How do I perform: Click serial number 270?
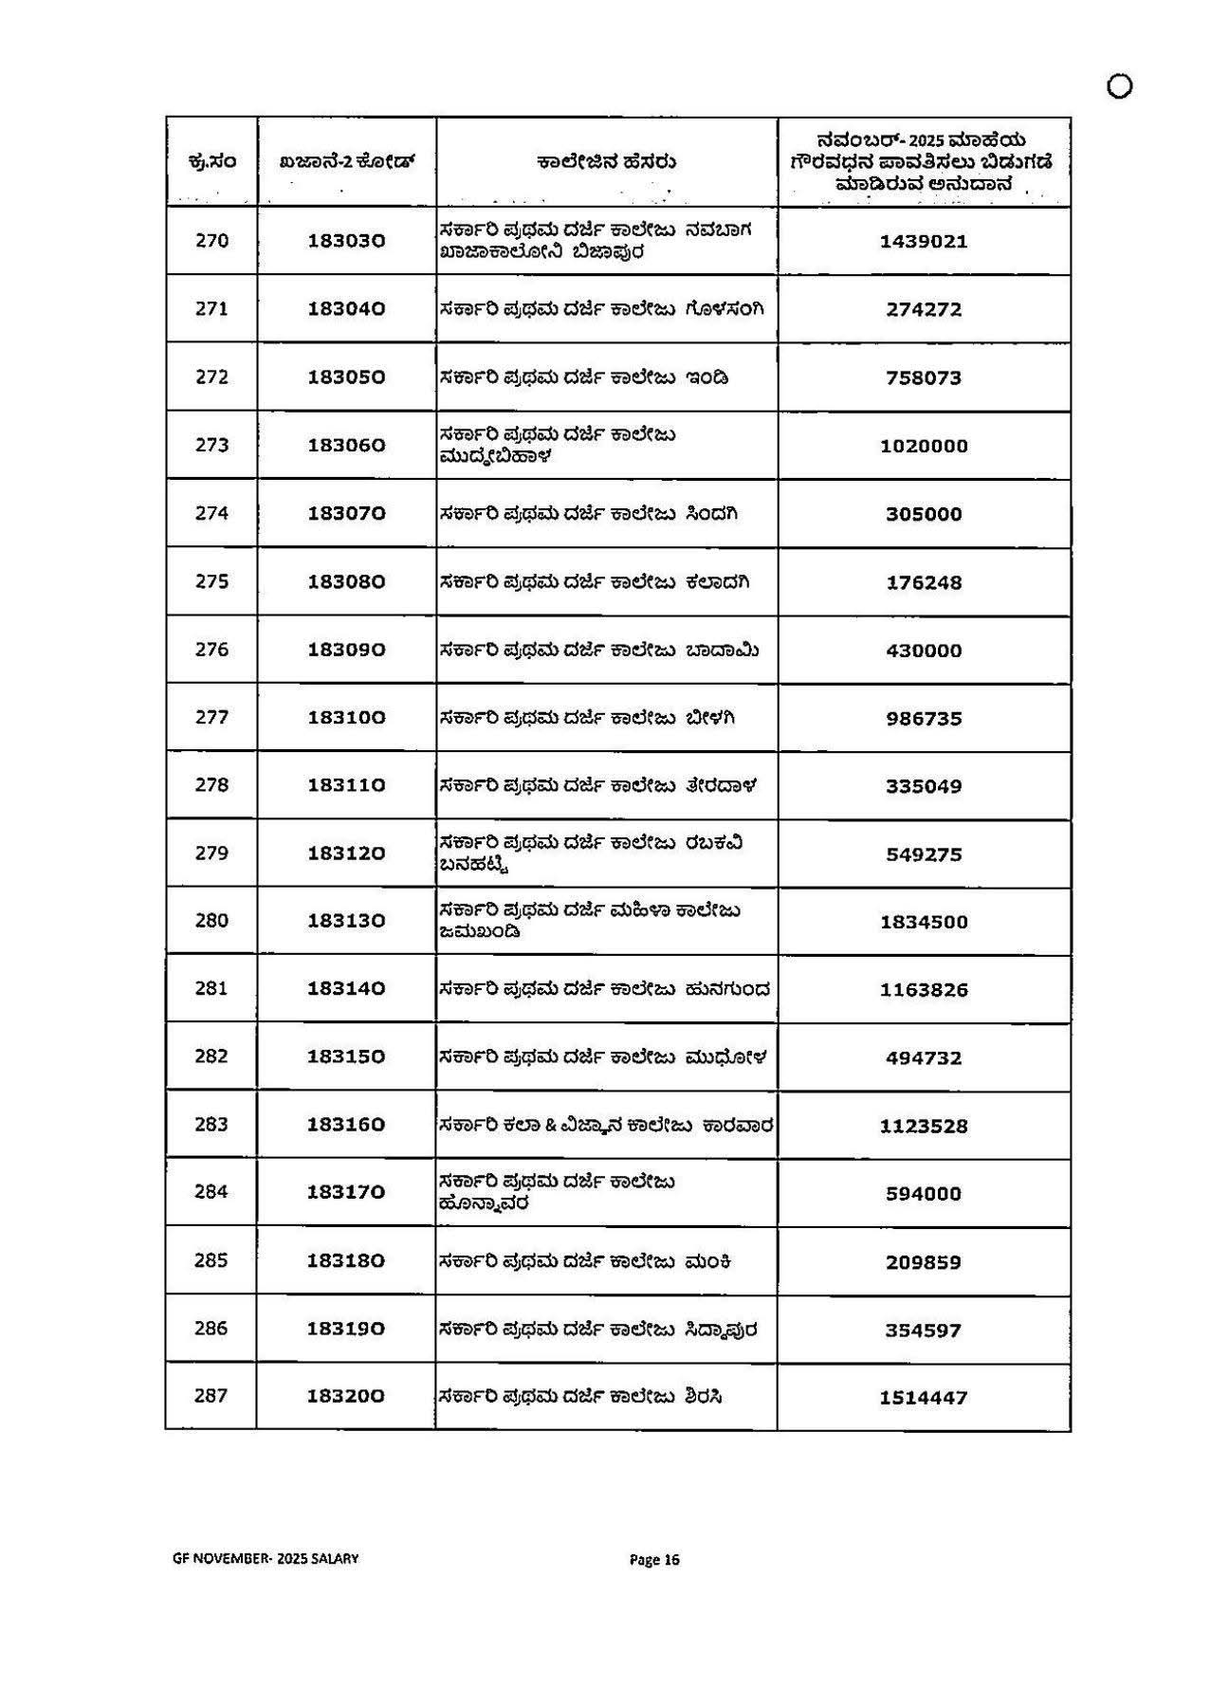click(x=211, y=241)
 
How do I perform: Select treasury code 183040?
click(x=346, y=309)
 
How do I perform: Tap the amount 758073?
click(x=924, y=378)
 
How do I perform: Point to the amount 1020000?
click(x=924, y=447)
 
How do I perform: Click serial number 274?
click(x=211, y=513)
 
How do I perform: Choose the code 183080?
click(x=346, y=581)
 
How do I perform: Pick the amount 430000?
click(x=924, y=651)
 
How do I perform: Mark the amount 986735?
click(x=924, y=719)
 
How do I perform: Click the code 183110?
click(x=346, y=785)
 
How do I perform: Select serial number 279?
click(x=211, y=853)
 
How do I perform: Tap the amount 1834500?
click(x=924, y=922)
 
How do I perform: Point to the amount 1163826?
click(x=924, y=990)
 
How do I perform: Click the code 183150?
click(x=346, y=1056)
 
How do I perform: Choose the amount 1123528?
click(x=924, y=1127)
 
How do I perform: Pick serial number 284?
click(x=211, y=1192)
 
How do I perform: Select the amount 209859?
click(x=924, y=1263)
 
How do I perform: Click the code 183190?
click(x=346, y=1329)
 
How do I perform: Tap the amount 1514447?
click(x=924, y=1398)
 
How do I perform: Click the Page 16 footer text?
click(x=655, y=1560)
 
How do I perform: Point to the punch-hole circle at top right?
click(x=1119, y=86)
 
